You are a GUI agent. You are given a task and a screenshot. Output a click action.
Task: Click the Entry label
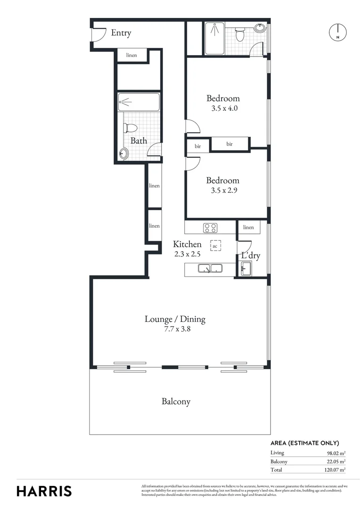121,33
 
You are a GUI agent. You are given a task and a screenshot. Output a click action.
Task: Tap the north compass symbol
337,32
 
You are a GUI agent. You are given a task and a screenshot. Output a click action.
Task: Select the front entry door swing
98,33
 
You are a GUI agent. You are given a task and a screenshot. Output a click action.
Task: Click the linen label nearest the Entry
131,56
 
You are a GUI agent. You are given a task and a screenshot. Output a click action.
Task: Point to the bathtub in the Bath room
139,101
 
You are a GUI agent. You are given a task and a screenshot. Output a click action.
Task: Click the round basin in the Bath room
124,153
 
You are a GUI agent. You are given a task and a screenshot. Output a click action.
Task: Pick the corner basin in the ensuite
260,28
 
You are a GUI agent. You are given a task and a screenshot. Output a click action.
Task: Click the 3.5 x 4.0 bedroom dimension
223,107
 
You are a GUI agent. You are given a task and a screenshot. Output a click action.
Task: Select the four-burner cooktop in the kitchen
210,228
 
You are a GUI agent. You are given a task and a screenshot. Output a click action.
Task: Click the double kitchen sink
210,269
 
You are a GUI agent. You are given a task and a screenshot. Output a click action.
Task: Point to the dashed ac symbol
215,246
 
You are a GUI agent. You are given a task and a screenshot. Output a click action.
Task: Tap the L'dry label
251,256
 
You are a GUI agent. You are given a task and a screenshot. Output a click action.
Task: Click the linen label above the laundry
248,228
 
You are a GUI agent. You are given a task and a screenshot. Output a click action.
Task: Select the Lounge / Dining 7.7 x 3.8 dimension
175,329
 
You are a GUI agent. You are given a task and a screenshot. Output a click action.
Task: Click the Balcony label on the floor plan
176,402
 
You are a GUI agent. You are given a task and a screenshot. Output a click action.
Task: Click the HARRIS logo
44,491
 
